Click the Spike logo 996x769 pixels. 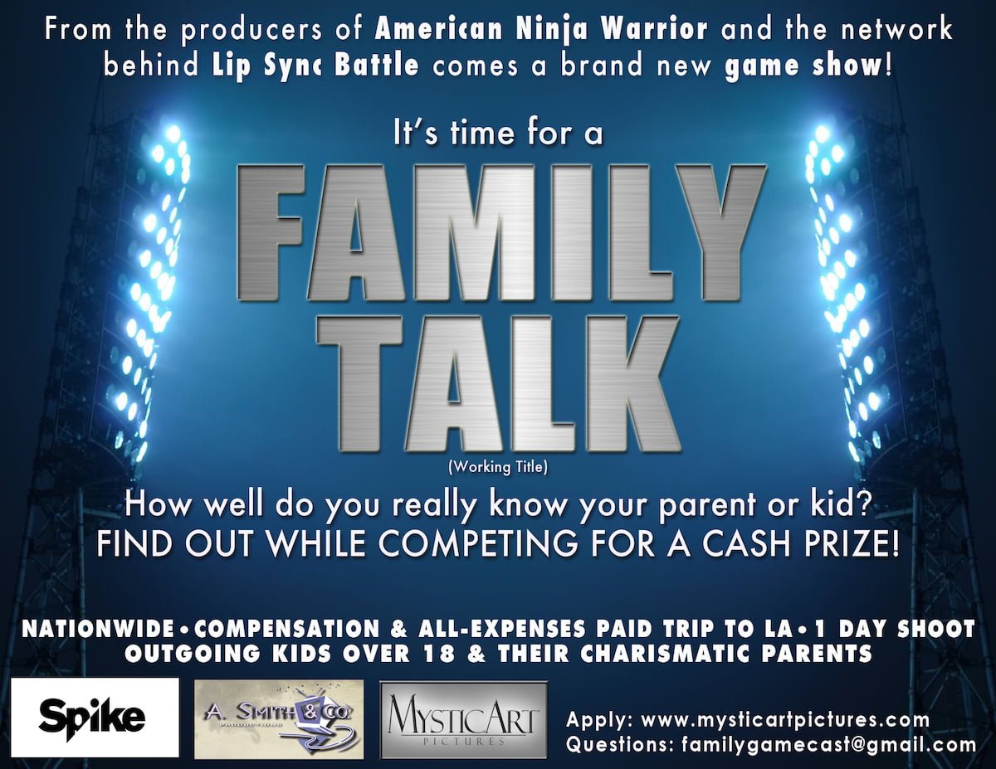click(95, 718)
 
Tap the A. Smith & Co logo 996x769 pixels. click(279, 719)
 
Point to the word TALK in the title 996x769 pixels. click(498, 385)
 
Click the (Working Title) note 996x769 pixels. click(498, 468)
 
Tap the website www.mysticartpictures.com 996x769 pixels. click(785, 719)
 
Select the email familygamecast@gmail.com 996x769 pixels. click(828, 744)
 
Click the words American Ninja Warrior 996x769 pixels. click(541, 29)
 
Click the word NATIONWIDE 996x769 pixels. click(98, 629)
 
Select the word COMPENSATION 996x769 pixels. click(287, 629)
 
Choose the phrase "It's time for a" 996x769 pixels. click(498, 134)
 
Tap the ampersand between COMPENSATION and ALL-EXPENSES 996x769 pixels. click(399, 629)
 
